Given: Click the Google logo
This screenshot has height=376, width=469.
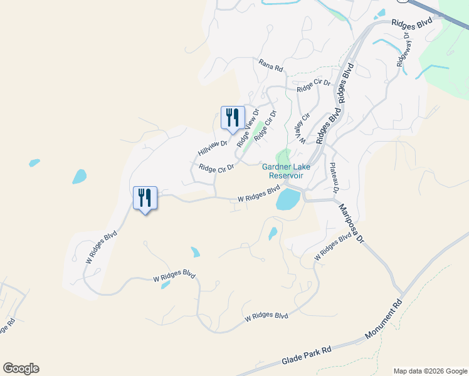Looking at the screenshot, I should [21, 368].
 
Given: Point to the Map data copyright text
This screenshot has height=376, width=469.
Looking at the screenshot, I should [429, 371].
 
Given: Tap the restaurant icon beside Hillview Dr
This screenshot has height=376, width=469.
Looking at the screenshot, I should [233, 117].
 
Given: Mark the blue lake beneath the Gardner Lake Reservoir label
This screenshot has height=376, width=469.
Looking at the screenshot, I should [288, 199].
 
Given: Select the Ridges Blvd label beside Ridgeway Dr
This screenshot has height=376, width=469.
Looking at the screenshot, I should [412, 23].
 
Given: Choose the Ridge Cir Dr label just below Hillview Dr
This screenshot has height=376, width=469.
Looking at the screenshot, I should [216, 168].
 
